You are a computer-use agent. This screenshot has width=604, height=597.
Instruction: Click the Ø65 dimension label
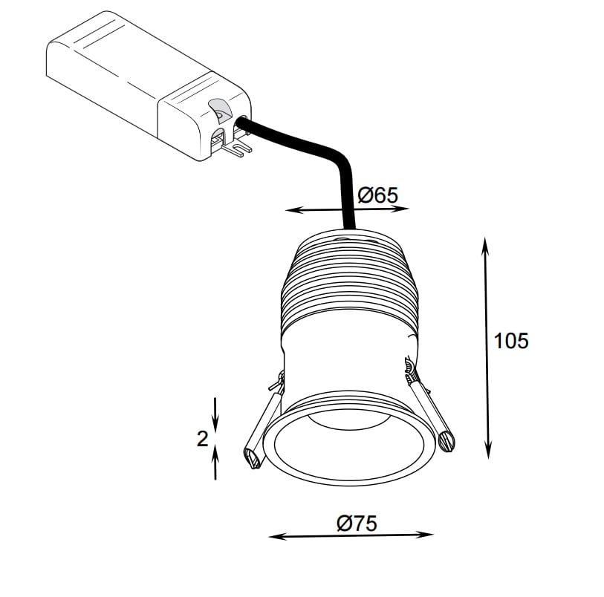pos(377,195)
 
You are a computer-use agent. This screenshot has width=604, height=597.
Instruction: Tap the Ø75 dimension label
pos(357,523)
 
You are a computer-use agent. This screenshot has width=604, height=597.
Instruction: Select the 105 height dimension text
pos(511,341)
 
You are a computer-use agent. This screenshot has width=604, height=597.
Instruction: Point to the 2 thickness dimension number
pos(202,439)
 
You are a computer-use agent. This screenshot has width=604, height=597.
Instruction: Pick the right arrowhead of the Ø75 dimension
pos(426,535)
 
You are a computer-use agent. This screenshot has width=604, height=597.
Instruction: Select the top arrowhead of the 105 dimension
pos(485,246)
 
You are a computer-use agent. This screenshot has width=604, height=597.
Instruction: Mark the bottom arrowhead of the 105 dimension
pos(488,451)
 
